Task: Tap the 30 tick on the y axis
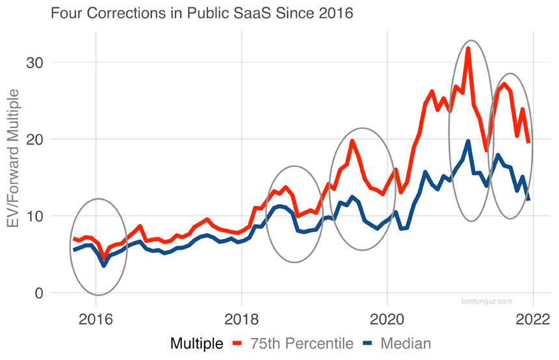point(35,63)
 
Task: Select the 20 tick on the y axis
point(35,140)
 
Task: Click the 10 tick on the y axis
point(35,216)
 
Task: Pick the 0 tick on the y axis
point(39,293)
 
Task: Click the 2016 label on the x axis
point(96,320)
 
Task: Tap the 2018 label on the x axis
point(242,320)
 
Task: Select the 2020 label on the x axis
point(387,320)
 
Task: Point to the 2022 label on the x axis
point(533,320)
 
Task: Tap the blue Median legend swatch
point(367,343)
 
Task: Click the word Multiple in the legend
point(198,343)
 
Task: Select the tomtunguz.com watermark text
point(486,301)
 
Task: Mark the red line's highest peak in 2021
point(468,48)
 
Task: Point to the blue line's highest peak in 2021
point(468,141)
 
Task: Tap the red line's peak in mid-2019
point(352,140)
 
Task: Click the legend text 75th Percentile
point(302,343)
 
